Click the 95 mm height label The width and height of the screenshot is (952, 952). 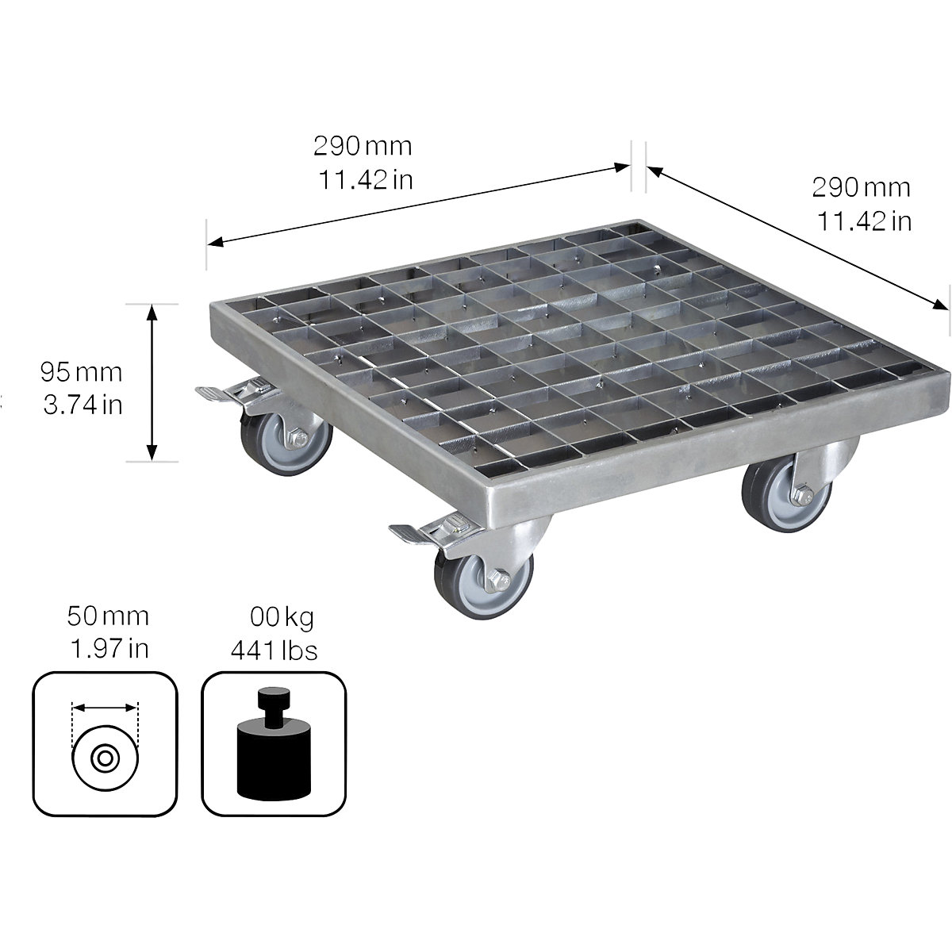(x=82, y=370)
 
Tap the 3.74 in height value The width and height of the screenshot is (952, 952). (x=83, y=405)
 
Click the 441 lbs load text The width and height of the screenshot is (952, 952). (x=274, y=651)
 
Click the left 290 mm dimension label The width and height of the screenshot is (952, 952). (x=363, y=146)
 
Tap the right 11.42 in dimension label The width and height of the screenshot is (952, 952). (x=864, y=222)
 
